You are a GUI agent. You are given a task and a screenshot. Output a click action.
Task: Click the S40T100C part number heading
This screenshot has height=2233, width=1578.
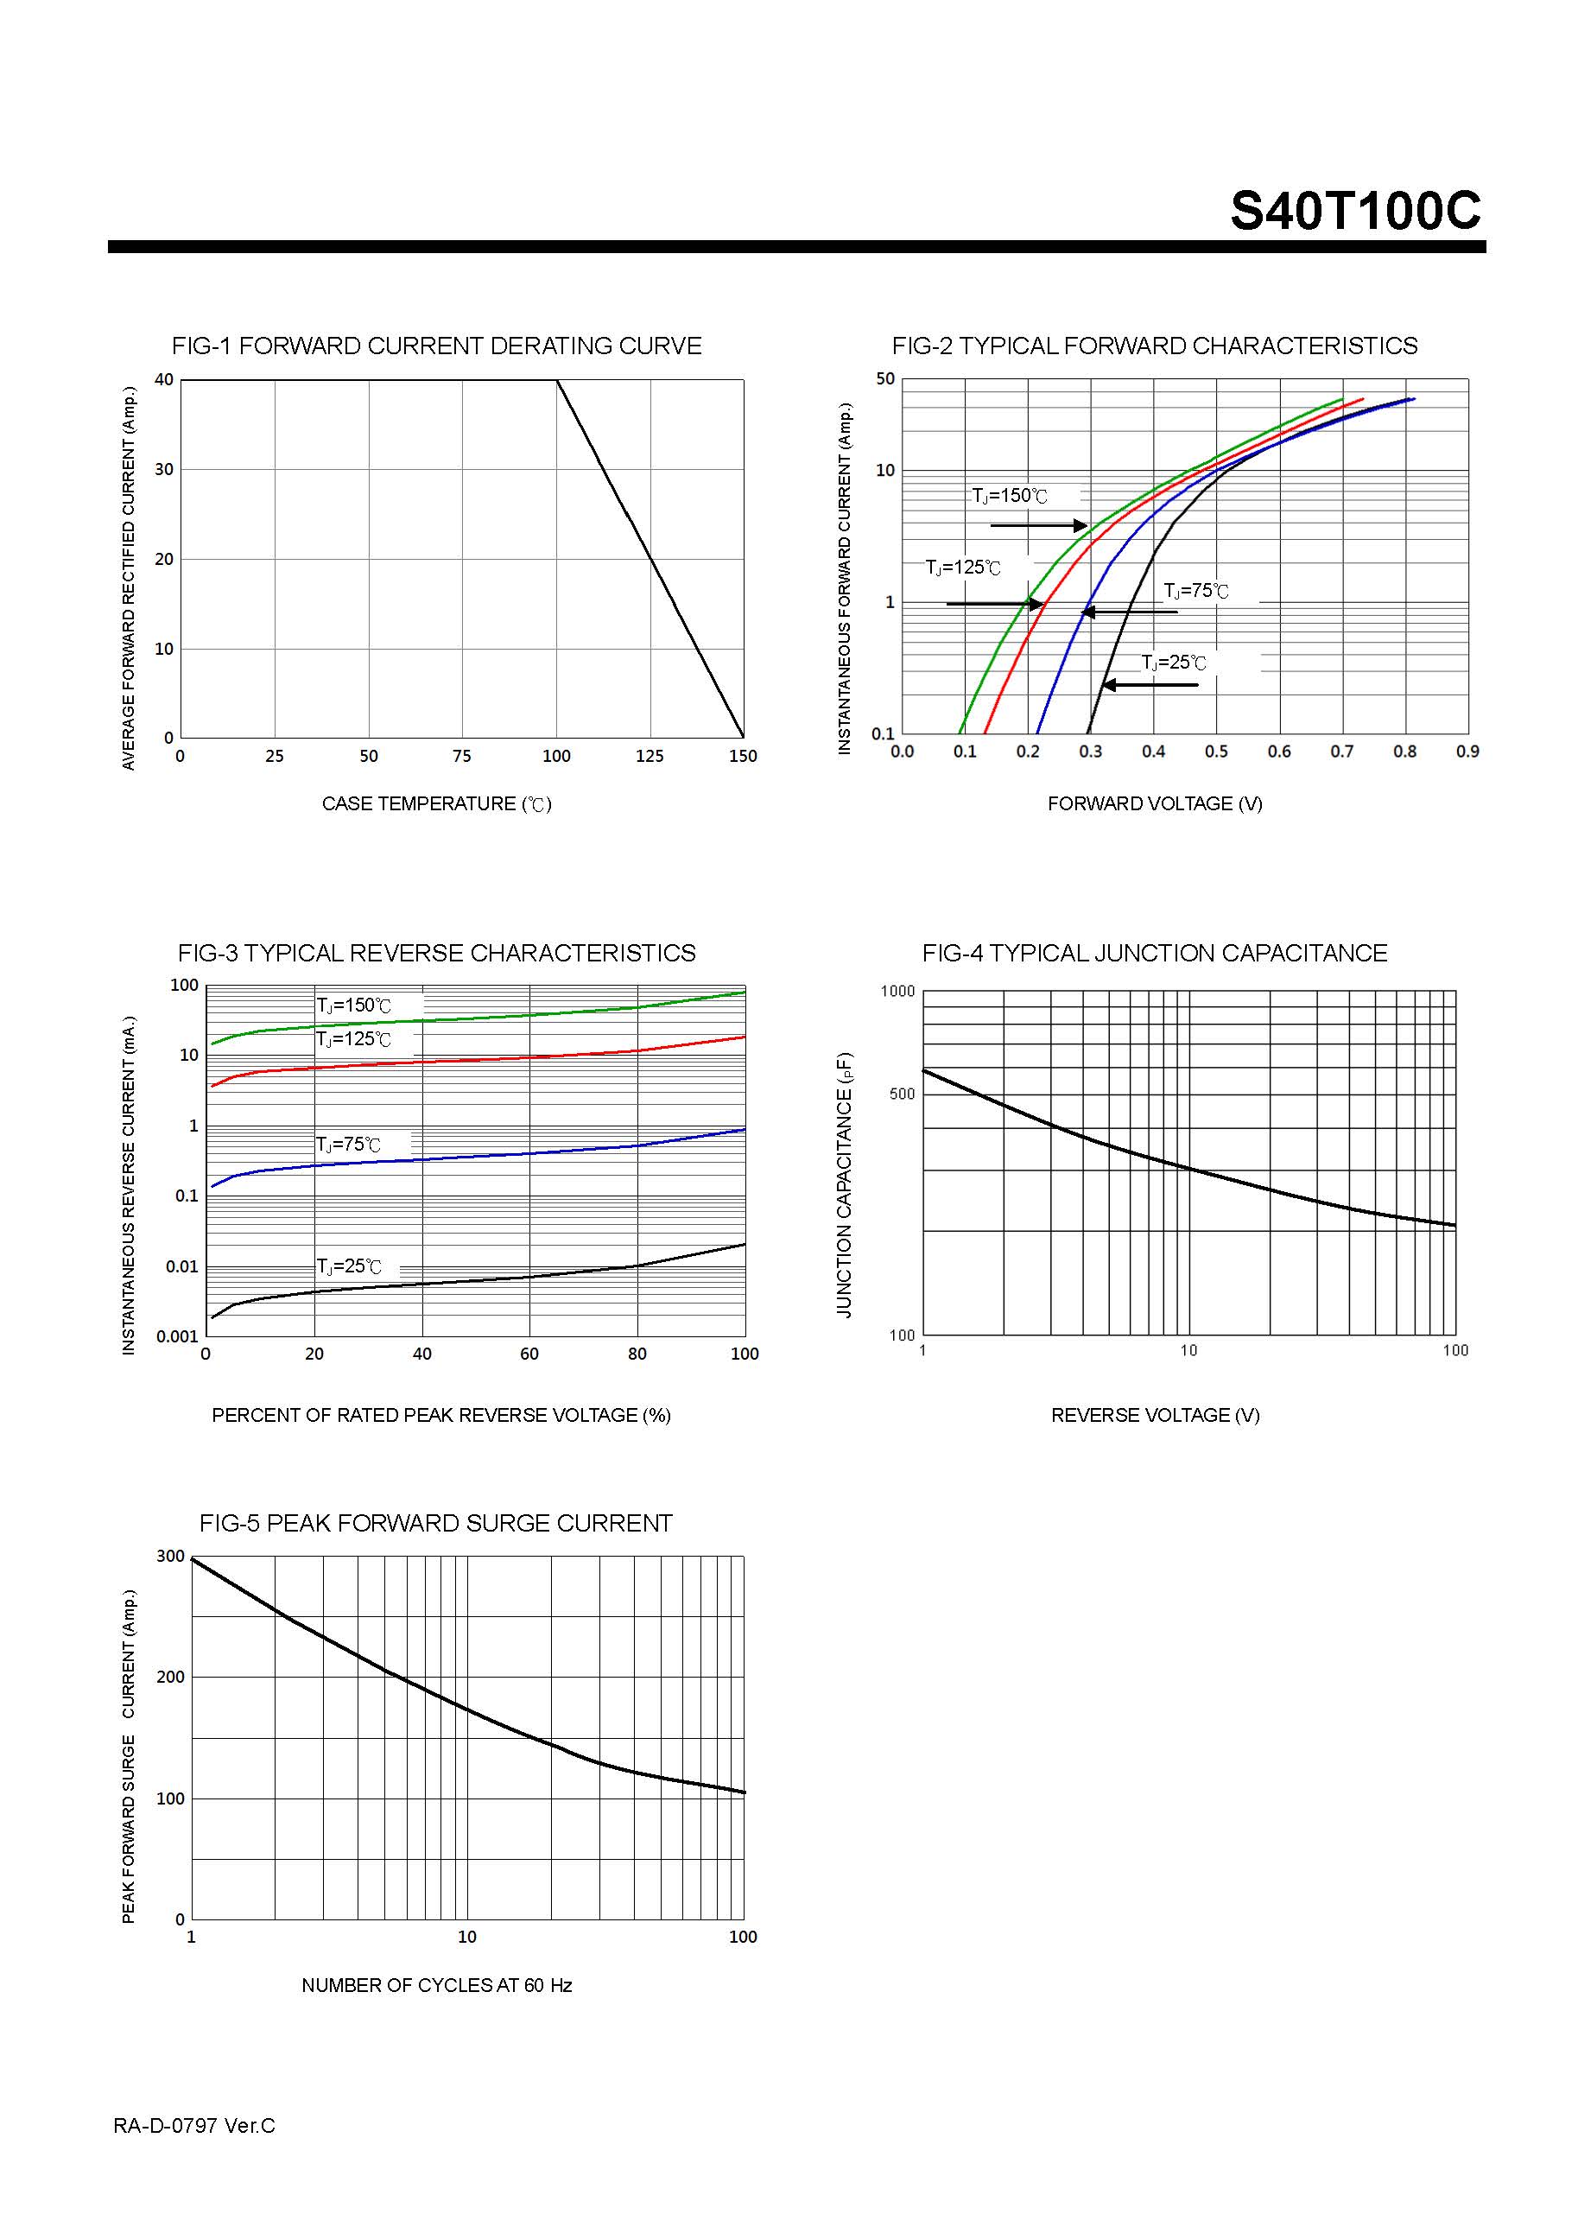(1355, 210)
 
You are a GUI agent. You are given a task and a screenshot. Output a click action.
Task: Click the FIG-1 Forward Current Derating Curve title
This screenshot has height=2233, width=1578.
(436, 346)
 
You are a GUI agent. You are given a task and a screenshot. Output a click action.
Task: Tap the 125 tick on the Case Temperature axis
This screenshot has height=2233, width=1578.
(650, 756)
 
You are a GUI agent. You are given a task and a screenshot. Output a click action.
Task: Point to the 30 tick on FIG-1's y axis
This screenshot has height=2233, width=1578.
(164, 470)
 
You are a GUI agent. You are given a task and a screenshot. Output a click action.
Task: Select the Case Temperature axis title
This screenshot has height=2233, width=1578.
(436, 804)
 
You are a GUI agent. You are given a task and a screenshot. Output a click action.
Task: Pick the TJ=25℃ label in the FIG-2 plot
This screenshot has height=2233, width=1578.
(1174, 663)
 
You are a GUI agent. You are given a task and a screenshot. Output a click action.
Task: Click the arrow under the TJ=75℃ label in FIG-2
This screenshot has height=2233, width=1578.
(1130, 612)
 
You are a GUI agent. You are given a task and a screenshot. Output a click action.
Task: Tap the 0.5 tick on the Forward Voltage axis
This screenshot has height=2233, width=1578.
(1216, 752)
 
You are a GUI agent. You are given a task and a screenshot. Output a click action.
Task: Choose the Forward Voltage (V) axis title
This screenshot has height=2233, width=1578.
(1155, 803)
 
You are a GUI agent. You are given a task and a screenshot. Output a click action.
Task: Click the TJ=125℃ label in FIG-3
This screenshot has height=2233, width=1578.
(354, 1040)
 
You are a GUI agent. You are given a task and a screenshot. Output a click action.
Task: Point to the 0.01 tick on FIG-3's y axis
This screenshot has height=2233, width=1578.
(182, 1266)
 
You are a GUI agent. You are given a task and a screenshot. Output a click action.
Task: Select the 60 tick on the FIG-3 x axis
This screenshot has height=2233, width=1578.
(529, 1354)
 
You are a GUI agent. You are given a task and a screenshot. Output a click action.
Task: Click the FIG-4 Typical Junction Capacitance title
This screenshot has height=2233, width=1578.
(1154, 953)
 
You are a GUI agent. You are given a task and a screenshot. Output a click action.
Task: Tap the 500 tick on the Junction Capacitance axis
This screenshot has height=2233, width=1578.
(902, 1094)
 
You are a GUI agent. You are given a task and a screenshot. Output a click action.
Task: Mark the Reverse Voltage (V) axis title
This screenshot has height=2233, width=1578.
(1155, 1415)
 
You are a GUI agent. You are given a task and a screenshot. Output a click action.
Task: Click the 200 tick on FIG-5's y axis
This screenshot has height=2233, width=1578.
(170, 1677)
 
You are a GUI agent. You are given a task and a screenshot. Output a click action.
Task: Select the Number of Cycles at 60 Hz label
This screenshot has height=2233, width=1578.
(436, 1985)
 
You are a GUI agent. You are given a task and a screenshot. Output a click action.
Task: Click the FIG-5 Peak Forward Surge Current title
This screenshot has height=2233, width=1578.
(435, 1523)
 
